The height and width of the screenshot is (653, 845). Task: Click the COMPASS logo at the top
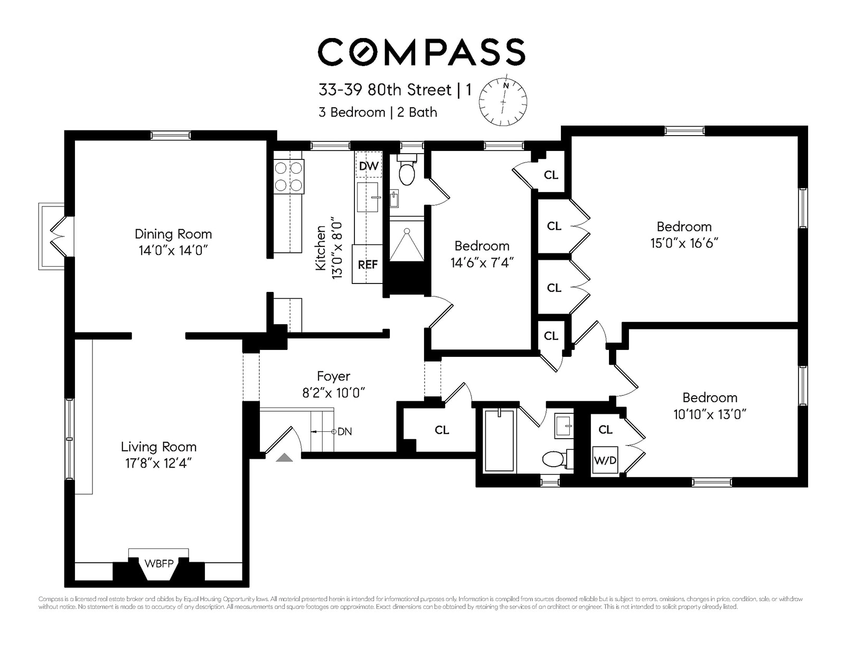pyautogui.click(x=421, y=52)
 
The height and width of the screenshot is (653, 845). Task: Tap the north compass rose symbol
pyautogui.click(x=503, y=100)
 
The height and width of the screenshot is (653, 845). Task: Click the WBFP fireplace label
pyautogui.click(x=159, y=563)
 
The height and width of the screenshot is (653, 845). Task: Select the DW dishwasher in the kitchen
pyautogui.click(x=368, y=166)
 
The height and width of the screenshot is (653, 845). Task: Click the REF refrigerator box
pyautogui.click(x=367, y=264)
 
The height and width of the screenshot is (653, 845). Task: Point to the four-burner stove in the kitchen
pyautogui.click(x=289, y=176)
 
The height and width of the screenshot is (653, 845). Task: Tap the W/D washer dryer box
pyautogui.click(x=605, y=460)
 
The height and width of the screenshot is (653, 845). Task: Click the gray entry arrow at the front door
pyautogui.click(x=284, y=458)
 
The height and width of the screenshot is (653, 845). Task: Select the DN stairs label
pyautogui.click(x=344, y=431)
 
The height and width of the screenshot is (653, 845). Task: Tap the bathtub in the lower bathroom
pyautogui.click(x=499, y=440)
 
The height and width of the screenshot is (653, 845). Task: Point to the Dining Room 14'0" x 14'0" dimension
pyautogui.click(x=173, y=250)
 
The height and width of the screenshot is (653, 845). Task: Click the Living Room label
pyautogui.click(x=158, y=447)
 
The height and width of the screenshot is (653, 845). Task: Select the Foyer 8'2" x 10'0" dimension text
pyautogui.click(x=333, y=393)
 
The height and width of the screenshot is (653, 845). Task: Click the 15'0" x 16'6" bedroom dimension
pyautogui.click(x=684, y=243)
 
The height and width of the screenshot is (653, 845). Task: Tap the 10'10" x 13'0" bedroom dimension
pyautogui.click(x=709, y=414)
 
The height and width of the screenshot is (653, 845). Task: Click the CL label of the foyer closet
pyautogui.click(x=442, y=430)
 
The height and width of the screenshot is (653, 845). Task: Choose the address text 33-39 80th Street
pyautogui.click(x=385, y=90)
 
